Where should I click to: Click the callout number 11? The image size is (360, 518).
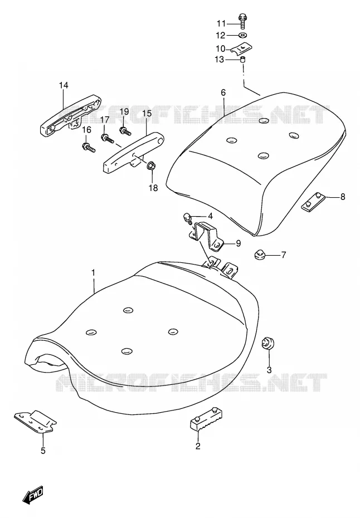[x=221, y=23]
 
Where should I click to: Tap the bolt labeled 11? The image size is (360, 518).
[x=242, y=21]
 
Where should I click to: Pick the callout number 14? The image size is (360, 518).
[x=64, y=85]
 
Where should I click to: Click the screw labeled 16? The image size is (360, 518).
[x=89, y=148]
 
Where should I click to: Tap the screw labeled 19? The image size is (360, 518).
[x=125, y=131]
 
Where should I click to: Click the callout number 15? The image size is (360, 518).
[x=147, y=113]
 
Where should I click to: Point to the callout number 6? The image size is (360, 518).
[x=223, y=92]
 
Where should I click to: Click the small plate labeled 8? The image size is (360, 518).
[x=313, y=202]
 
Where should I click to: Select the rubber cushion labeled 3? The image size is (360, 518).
[x=267, y=344]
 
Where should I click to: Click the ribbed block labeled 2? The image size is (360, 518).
[x=206, y=419]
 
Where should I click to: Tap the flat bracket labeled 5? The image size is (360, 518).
[x=35, y=422]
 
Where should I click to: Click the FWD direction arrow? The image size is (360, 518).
[x=33, y=495]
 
